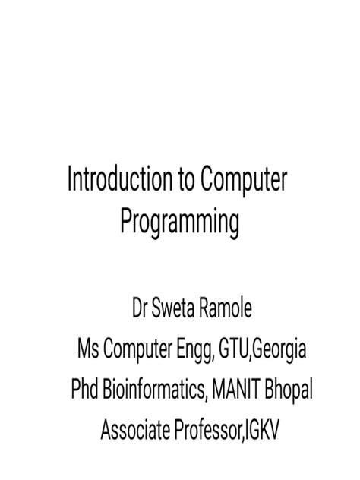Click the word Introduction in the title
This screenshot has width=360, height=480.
tap(122, 182)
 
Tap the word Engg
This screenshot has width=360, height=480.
tap(191, 352)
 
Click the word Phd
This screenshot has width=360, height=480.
tap(84, 391)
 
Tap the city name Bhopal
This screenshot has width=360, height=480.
tap(287, 392)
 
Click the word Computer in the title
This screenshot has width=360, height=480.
tap(245, 182)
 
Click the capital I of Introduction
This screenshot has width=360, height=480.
tap(70, 182)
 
